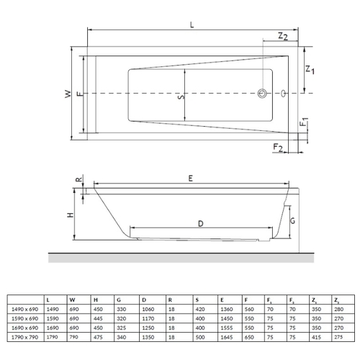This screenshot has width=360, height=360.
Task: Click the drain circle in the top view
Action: point(262,93)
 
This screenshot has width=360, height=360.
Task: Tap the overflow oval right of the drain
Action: point(284,93)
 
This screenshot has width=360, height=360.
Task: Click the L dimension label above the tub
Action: point(192,24)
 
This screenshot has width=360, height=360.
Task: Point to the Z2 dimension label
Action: point(283,36)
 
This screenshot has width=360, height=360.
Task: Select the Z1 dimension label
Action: point(310,70)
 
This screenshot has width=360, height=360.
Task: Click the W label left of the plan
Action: point(68,94)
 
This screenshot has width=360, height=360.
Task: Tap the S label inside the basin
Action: point(181,96)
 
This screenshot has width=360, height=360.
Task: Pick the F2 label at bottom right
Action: point(278,147)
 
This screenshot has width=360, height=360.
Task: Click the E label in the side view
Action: point(191,179)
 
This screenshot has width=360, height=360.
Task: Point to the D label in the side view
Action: point(201,224)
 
